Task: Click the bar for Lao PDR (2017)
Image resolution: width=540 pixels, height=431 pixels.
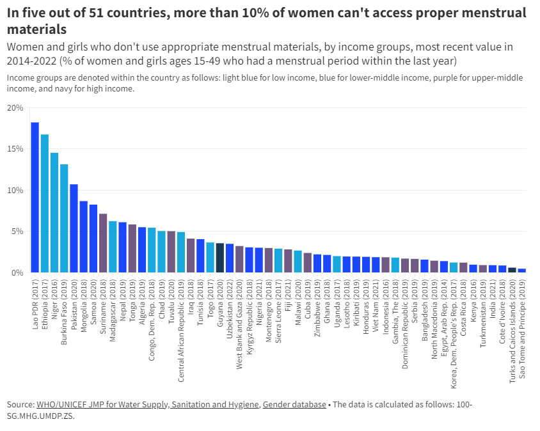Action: pos(35,197)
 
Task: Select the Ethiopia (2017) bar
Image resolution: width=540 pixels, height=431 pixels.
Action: pos(44,203)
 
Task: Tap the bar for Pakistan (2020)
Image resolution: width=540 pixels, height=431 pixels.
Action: pos(74,228)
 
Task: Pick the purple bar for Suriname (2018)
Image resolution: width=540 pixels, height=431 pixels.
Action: pos(103,243)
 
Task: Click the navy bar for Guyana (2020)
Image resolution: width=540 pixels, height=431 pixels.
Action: pos(219,258)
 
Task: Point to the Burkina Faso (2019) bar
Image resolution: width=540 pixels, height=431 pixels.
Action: pos(64,218)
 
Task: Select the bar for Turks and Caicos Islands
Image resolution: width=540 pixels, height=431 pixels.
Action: pos(512,270)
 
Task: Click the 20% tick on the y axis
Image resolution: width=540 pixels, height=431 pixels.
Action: pos(15,107)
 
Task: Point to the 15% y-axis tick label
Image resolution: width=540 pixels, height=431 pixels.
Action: pos(15,149)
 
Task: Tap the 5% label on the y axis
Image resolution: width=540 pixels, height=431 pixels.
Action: pos(17,231)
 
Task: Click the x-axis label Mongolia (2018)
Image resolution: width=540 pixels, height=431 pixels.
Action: pos(84,306)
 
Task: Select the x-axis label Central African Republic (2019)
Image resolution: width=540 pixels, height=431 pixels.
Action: pos(181,331)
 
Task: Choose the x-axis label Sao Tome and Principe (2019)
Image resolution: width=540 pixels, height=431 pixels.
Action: pos(522,329)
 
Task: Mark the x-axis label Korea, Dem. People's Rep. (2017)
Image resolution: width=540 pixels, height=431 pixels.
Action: pos(454,334)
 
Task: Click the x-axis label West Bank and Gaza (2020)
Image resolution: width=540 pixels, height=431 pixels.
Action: pos(239,324)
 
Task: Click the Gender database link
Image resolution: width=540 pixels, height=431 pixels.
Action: pos(294,404)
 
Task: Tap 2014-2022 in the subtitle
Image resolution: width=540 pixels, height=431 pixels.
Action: pos(32,61)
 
